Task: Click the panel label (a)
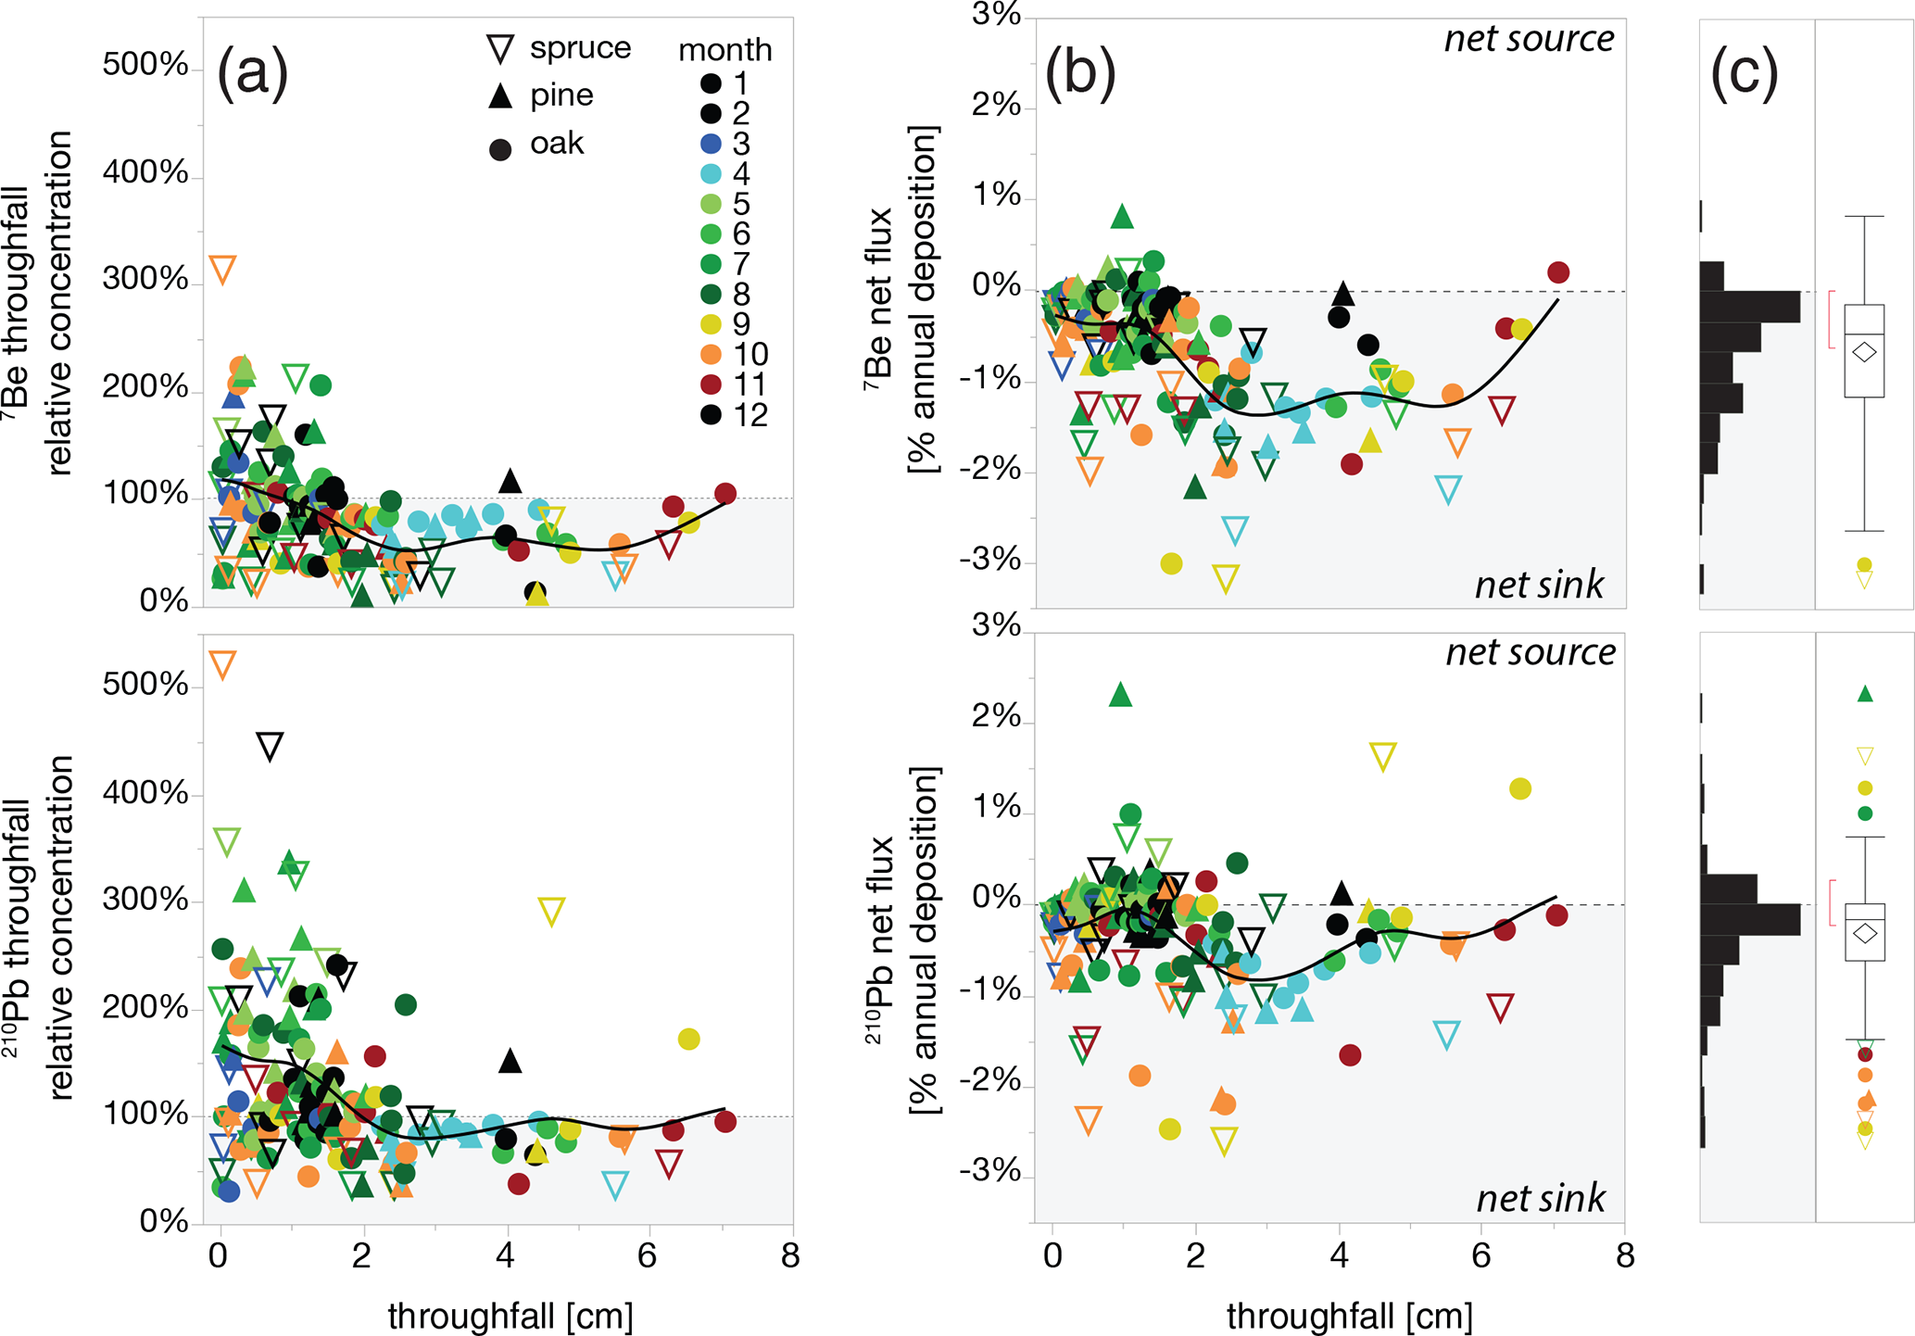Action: (252, 73)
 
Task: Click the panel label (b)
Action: (1079, 73)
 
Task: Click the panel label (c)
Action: (1745, 73)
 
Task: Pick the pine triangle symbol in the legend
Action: (500, 95)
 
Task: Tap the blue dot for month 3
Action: (711, 144)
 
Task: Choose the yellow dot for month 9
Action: (711, 324)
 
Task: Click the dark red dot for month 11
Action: (711, 384)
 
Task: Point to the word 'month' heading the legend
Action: (724, 49)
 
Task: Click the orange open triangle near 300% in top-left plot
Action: (222, 270)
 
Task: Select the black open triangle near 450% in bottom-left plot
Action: (270, 746)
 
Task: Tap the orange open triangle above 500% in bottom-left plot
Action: (222, 664)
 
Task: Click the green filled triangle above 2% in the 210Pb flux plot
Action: (1121, 694)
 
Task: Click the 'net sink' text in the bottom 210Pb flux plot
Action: (1540, 1198)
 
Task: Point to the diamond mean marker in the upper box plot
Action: (1864, 352)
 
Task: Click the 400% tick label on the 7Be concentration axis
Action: (145, 172)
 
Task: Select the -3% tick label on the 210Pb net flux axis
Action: (989, 1173)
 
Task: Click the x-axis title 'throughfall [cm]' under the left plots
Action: (510, 1316)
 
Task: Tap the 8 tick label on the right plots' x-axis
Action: (1624, 1256)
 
